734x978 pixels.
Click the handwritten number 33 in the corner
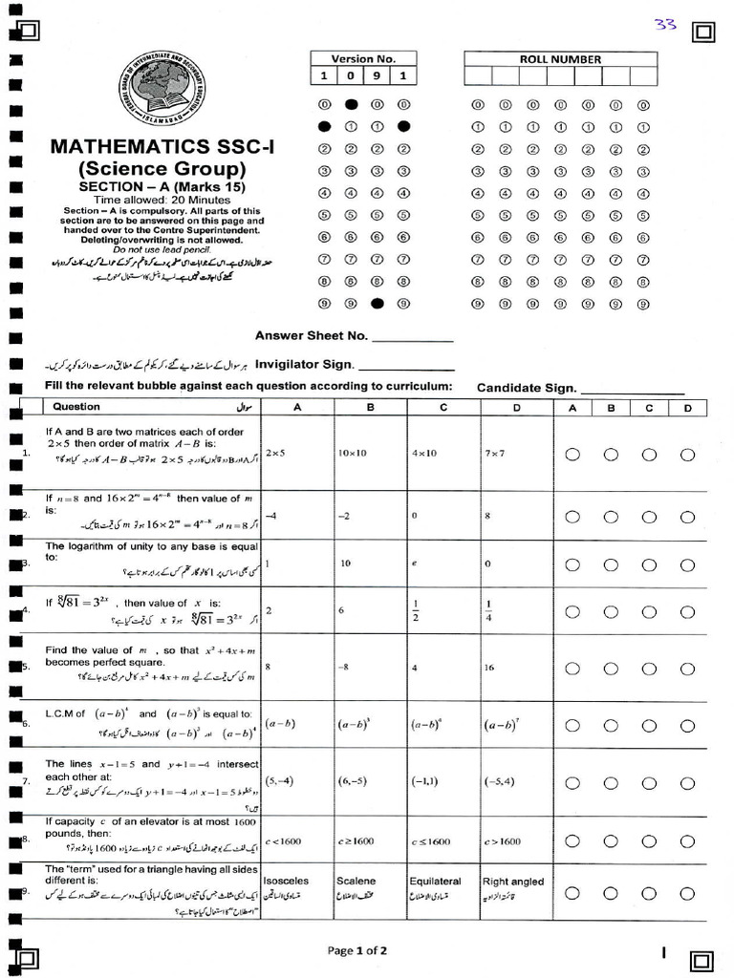click(665, 25)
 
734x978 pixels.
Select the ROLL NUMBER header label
click(560, 59)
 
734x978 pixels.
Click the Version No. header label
click(363, 59)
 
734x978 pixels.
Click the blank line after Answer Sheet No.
click(411, 336)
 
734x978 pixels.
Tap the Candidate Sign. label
click(527, 388)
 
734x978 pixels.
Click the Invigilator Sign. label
click(304, 364)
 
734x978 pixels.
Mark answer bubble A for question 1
click(572, 455)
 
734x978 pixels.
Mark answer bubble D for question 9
click(687, 893)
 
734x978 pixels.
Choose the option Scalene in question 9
click(356, 881)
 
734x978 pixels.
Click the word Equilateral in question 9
click(435, 881)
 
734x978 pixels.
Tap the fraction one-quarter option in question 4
click(489, 609)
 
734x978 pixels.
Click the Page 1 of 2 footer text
click(356, 950)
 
